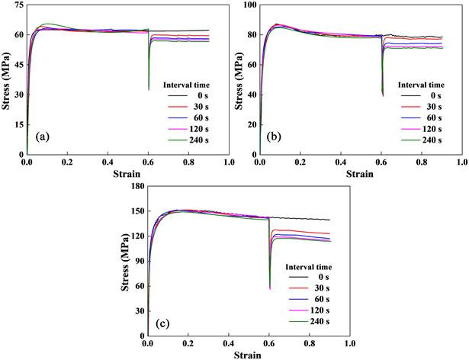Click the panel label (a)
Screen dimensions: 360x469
point(40,138)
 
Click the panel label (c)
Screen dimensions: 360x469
point(162,323)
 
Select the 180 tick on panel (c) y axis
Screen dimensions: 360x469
point(136,185)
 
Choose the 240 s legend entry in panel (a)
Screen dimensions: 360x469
point(198,140)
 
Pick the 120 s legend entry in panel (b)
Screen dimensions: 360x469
point(432,130)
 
